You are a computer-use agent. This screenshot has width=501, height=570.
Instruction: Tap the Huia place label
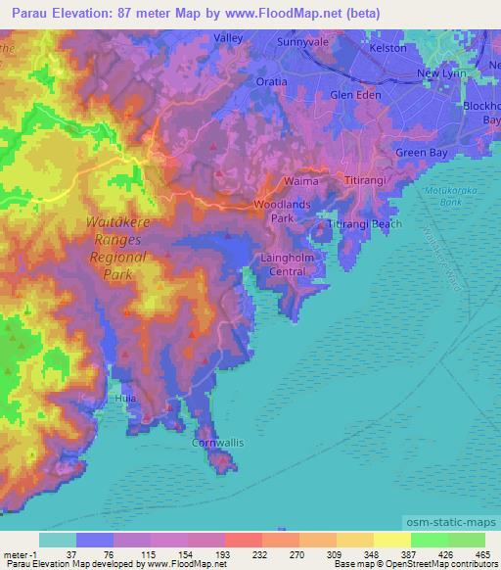point(123,399)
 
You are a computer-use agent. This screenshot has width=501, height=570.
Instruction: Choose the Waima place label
point(300,182)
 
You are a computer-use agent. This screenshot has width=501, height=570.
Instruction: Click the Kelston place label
point(414,46)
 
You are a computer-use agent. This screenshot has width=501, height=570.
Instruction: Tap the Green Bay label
point(421,152)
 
